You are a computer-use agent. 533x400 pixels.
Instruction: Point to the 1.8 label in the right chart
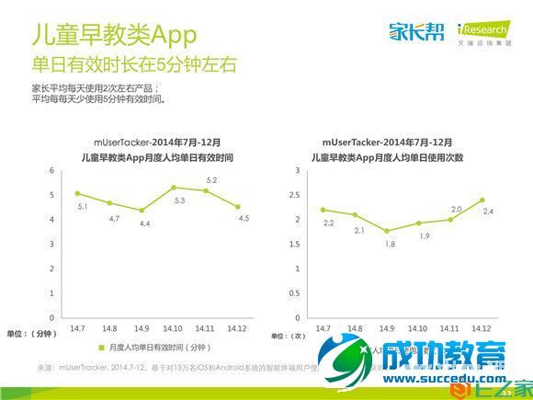(391, 244)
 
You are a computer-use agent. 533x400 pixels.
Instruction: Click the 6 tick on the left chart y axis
(52, 171)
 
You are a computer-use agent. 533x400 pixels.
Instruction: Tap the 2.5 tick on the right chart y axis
(294, 196)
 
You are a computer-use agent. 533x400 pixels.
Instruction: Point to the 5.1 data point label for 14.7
(81, 207)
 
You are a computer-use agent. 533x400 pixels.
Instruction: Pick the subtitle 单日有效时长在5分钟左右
(134, 65)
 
